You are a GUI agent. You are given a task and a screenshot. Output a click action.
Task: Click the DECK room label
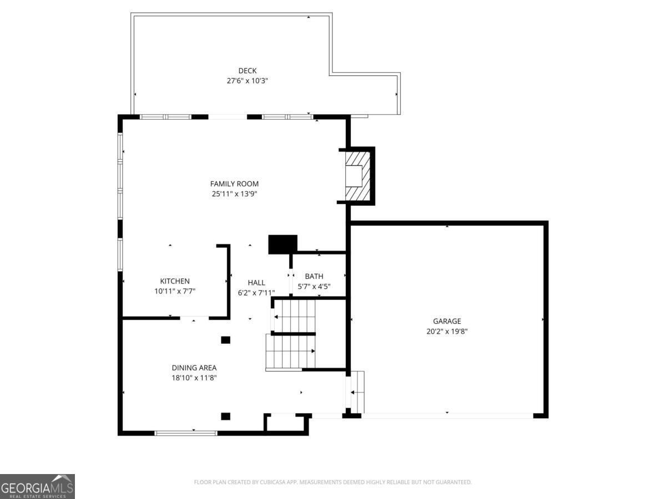coord(248,70)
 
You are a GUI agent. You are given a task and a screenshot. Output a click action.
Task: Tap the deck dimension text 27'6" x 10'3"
coord(248,80)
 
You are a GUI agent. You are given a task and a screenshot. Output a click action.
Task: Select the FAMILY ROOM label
coord(234,184)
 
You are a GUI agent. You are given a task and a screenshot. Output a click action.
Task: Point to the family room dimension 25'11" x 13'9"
coord(234,194)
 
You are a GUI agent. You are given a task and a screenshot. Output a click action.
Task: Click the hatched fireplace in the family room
coord(357,176)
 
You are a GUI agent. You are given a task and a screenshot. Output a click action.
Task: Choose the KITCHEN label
coord(175,281)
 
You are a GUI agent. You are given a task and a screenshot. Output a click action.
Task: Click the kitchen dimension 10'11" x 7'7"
coord(175,291)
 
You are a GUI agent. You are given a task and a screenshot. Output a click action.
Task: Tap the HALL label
coord(256,283)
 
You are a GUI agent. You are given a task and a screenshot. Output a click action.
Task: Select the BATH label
coord(314,276)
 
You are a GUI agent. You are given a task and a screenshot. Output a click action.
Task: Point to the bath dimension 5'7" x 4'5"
coord(314,287)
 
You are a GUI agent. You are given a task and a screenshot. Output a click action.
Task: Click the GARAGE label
coord(447,321)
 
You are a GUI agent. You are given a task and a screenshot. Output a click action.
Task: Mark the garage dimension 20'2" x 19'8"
coord(447,332)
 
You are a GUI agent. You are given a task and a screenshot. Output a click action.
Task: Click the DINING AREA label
coord(194,368)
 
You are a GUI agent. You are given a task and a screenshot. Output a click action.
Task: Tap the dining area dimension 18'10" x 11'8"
coord(194,378)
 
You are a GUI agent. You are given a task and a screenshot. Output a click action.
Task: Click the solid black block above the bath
coord(282,244)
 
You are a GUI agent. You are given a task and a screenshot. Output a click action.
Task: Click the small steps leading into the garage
coord(357,392)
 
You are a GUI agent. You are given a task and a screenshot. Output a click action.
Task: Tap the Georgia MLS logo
coord(37,486)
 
